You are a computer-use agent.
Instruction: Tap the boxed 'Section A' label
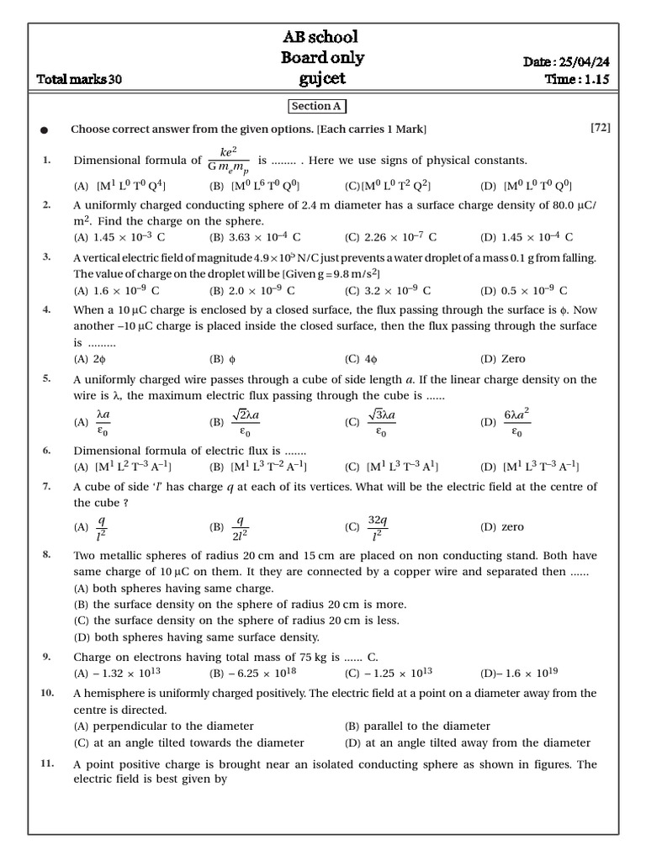317,106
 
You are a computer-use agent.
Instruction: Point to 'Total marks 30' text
80,80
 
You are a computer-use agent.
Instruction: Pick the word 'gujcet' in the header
322,79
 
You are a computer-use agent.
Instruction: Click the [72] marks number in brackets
600,128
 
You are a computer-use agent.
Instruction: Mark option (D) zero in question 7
501,527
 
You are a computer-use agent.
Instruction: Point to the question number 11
47,763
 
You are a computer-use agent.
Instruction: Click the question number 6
47,451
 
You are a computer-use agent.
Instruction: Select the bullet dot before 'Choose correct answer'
45,130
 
